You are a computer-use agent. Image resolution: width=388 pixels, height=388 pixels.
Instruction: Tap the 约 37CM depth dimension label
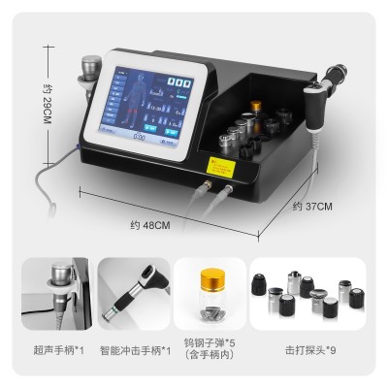tap(312, 206)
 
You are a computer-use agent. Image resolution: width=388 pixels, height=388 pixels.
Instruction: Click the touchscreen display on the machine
tap(148, 107)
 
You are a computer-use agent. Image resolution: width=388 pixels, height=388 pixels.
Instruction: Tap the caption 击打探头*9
tap(306, 349)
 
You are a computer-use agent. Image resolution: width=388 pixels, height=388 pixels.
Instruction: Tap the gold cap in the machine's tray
tap(256, 105)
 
